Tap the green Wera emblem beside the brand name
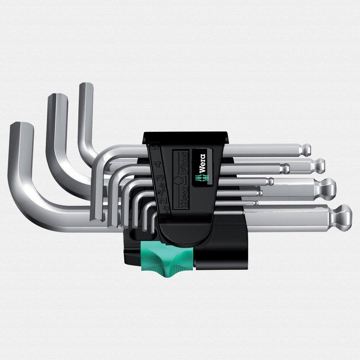(202, 177)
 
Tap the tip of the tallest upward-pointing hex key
(86, 86)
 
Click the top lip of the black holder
(186, 136)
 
